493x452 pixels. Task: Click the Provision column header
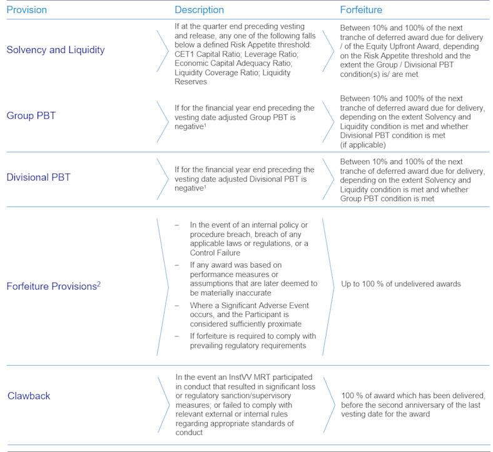coord(26,10)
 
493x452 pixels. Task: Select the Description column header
coord(199,10)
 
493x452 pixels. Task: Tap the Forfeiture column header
coord(361,10)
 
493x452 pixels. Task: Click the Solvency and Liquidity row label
coord(56,49)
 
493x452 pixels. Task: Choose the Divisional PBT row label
coord(39,177)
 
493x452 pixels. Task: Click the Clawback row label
coord(29,396)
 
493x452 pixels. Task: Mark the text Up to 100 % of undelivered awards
coord(401,284)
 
